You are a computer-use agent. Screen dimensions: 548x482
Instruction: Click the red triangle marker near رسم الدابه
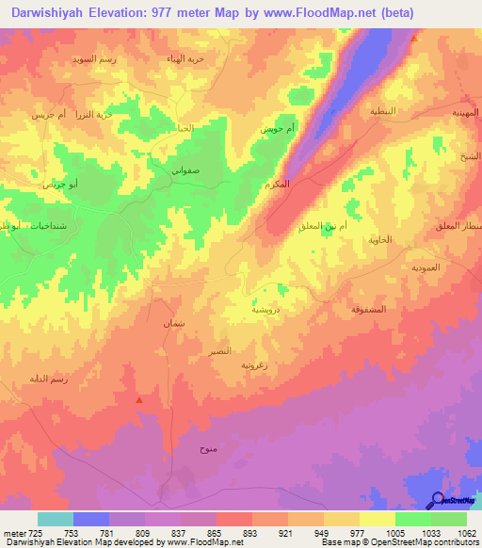click(x=139, y=399)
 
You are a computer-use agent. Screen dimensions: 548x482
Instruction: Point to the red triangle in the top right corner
click(x=415, y=40)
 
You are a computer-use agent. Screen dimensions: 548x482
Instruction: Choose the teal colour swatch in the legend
click(x=56, y=519)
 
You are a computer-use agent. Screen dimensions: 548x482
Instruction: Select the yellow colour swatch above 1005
click(x=378, y=519)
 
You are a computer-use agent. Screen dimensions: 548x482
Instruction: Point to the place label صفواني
click(x=185, y=171)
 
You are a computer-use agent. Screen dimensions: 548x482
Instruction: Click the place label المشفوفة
click(x=368, y=309)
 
